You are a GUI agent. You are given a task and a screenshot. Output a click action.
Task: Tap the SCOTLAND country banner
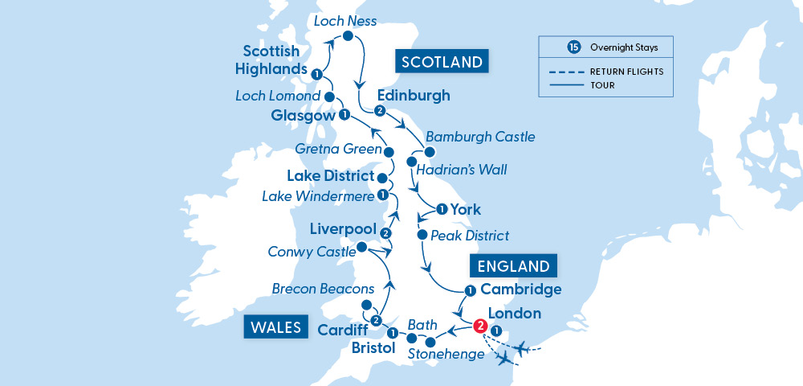[442, 62]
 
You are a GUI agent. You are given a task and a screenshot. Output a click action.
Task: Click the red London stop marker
[479, 326]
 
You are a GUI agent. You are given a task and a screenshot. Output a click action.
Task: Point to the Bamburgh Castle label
[480, 138]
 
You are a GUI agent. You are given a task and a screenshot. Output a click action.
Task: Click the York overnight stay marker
[441, 210]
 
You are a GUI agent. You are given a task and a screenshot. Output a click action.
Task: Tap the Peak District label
[470, 236]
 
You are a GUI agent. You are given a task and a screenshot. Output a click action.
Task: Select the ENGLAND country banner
[515, 266]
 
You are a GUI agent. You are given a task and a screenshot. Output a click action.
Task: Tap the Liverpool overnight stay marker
[385, 233]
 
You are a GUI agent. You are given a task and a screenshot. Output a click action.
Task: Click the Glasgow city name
[304, 117]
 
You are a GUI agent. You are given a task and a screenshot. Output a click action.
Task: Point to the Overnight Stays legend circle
[573, 47]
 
